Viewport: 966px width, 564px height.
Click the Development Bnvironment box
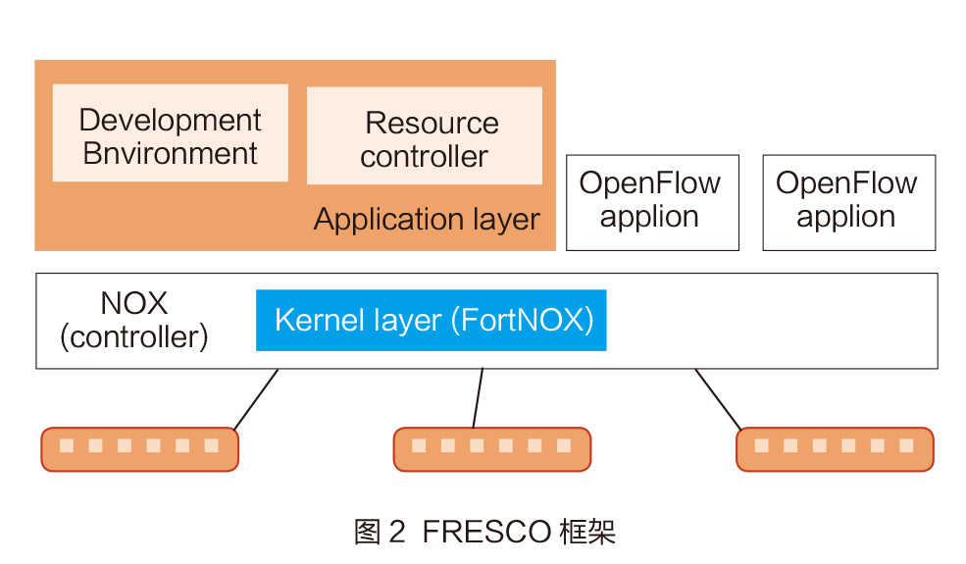[x=170, y=134]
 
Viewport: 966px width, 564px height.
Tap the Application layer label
[x=426, y=220]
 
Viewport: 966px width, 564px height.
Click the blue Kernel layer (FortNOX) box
[x=431, y=321]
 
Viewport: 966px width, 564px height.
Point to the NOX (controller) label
[x=133, y=320]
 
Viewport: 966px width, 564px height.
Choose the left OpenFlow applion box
[x=651, y=201]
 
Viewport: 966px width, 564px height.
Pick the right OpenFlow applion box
[x=848, y=201]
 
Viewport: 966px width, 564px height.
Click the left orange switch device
[x=139, y=448]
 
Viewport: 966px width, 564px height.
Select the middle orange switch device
[x=491, y=448]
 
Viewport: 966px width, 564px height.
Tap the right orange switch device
[x=835, y=448]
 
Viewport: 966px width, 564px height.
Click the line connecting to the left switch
[x=256, y=399]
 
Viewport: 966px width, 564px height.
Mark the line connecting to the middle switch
[x=478, y=398]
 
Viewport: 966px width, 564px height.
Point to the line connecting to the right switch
[x=719, y=399]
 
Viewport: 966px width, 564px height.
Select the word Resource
[x=432, y=124]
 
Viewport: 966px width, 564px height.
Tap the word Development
[x=170, y=121]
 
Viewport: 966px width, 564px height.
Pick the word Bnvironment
[x=170, y=154]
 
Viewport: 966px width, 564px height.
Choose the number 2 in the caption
[x=396, y=533]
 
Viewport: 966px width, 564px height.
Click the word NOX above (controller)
[x=133, y=303]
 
